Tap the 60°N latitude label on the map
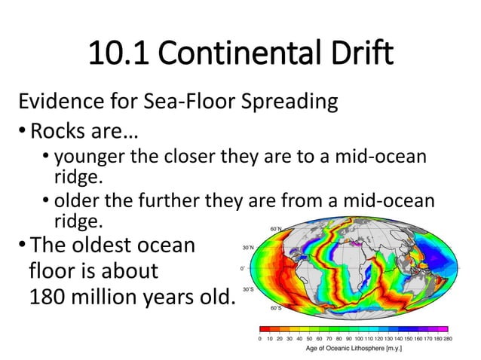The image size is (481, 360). coord(276,228)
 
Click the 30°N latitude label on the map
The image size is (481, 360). coord(248,247)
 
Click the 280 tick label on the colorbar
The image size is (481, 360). coord(449,339)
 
